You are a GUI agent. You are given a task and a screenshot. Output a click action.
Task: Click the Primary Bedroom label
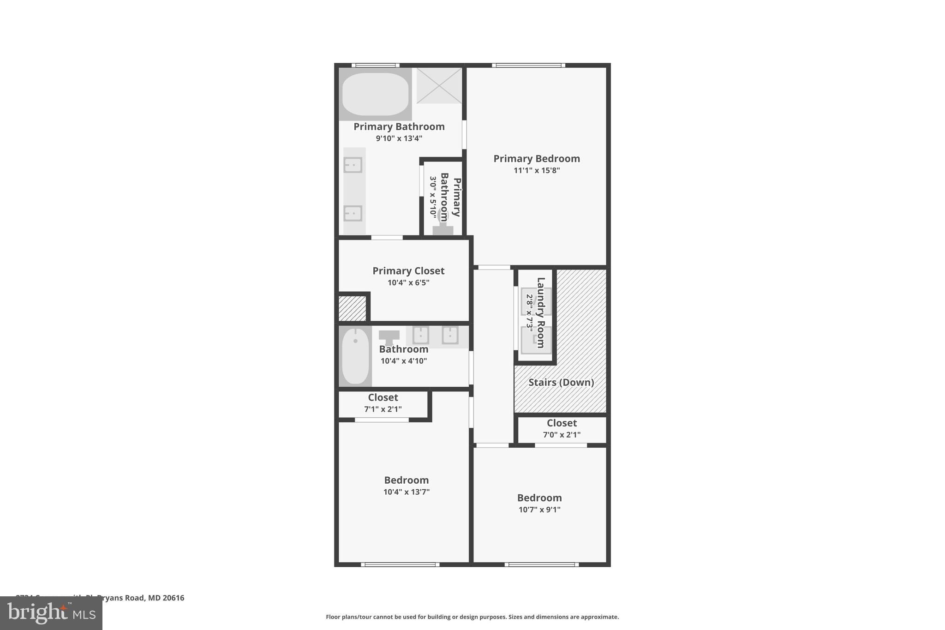click(x=536, y=159)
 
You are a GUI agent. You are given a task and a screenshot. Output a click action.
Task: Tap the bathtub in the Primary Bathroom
click(x=375, y=94)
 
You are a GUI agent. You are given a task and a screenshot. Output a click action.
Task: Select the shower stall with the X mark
click(x=439, y=85)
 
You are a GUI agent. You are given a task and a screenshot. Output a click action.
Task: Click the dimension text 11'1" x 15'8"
click(x=536, y=171)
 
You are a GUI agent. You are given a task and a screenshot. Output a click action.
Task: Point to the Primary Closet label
click(x=408, y=271)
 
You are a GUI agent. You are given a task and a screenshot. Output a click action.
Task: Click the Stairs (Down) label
click(x=561, y=382)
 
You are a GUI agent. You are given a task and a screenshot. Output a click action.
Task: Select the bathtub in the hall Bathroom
click(x=355, y=356)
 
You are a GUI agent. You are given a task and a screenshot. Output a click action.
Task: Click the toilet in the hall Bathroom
click(x=389, y=337)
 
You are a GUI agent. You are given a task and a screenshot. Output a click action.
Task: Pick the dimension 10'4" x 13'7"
click(x=406, y=492)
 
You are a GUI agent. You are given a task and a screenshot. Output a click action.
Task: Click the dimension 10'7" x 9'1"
click(x=539, y=510)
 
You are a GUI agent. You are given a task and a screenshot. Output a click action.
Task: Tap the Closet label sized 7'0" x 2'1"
click(x=562, y=423)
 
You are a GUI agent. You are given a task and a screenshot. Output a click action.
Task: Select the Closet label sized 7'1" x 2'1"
click(x=383, y=398)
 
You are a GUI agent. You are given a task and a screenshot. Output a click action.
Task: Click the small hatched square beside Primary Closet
click(x=352, y=308)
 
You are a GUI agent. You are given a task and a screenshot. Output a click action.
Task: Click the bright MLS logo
click(x=51, y=613)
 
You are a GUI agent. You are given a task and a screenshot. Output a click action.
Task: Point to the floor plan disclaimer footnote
click(x=472, y=617)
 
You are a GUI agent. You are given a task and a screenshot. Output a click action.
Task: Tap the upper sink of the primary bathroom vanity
click(x=353, y=165)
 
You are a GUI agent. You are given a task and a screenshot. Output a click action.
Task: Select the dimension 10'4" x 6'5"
click(x=408, y=283)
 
